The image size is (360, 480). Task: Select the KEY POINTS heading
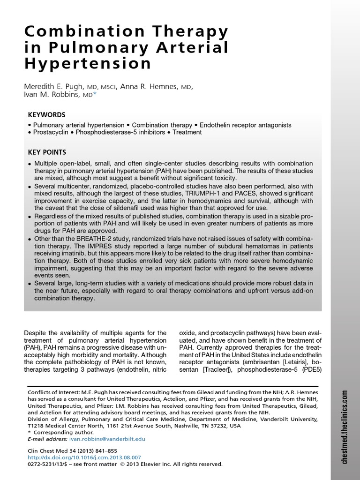pyautogui.click(x=47, y=152)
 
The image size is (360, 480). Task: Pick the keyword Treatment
pyautogui.click(x=187, y=132)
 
